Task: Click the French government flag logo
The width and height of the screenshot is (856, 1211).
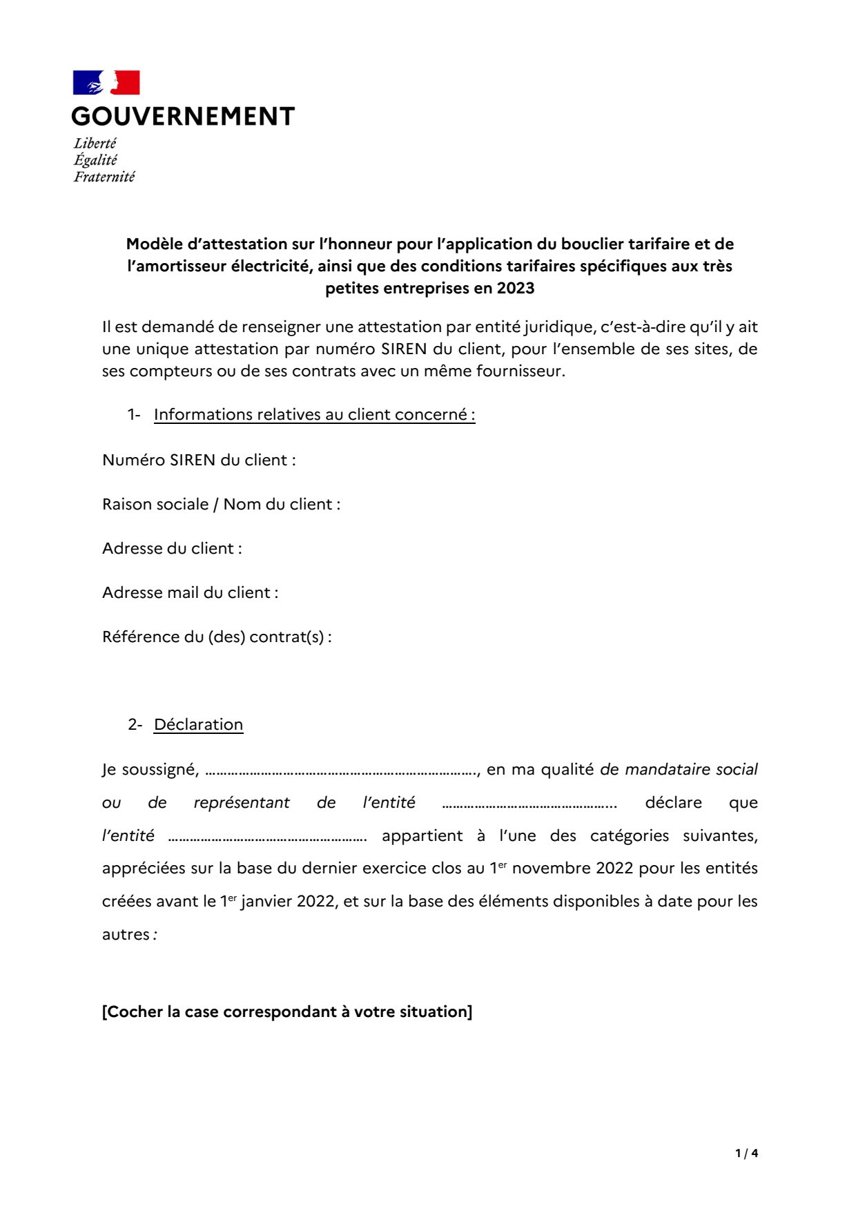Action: tap(106, 82)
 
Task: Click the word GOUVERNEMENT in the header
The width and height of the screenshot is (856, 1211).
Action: tap(183, 116)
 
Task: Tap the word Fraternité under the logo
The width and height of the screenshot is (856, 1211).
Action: tap(104, 177)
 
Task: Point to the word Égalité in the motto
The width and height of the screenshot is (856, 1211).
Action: tap(95, 160)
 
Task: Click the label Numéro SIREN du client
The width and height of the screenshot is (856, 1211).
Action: tap(199, 460)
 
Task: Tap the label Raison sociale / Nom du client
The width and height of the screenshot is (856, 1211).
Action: tap(221, 504)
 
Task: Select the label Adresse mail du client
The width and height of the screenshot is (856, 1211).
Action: tap(190, 592)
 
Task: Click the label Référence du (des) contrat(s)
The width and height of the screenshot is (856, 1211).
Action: tap(217, 637)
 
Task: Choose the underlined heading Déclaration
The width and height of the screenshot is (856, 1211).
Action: tap(198, 724)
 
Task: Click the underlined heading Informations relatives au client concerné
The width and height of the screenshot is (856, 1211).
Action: tap(314, 414)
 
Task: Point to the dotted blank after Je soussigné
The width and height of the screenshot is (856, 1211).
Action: tap(341, 771)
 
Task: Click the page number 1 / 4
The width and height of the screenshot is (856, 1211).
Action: tap(746, 1153)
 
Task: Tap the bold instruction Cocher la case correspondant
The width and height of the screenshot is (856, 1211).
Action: tap(287, 1011)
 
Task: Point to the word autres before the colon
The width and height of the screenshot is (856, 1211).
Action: tap(126, 934)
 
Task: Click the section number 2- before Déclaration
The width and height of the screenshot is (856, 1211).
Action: tap(135, 724)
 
